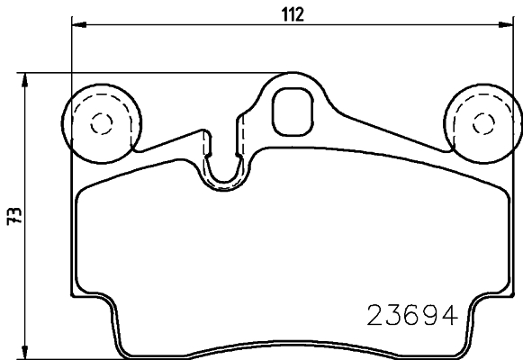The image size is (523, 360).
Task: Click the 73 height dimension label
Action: click(13, 217)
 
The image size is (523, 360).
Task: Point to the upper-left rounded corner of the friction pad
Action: click(83, 191)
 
